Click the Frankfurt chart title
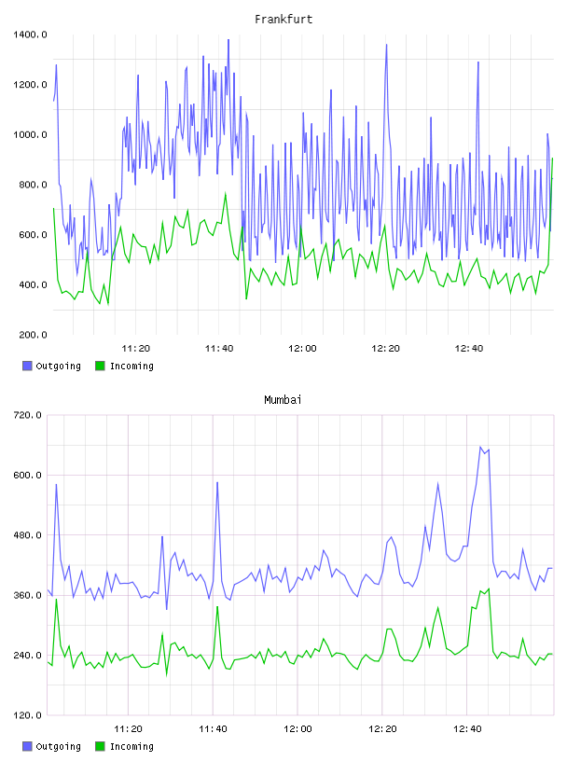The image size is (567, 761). click(x=283, y=19)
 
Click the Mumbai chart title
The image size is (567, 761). click(x=283, y=399)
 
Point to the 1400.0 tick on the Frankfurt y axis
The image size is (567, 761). click(x=30, y=35)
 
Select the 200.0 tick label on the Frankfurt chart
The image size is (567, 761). click(x=33, y=335)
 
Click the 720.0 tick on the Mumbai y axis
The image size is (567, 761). click(x=27, y=415)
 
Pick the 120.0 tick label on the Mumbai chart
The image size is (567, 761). click(x=27, y=715)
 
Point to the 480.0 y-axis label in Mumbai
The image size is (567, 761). click(x=27, y=535)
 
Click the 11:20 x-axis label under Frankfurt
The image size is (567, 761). click(x=135, y=348)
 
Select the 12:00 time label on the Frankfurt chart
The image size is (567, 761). click(x=302, y=348)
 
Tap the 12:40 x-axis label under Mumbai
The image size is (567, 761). click(x=467, y=728)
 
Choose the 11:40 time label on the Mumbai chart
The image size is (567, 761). click(x=213, y=728)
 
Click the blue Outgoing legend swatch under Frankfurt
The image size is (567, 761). click(x=27, y=366)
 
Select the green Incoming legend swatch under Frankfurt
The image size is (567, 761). click(x=100, y=366)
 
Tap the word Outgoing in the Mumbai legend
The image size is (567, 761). click(x=58, y=746)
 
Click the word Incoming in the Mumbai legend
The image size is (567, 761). click(x=131, y=746)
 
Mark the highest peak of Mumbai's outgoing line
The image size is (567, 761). click(x=480, y=447)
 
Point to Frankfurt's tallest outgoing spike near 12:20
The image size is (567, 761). click(x=386, y=45)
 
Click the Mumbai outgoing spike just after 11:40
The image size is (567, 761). click(x=217, y=482)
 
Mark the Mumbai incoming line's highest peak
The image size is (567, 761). click(x=489, y=588)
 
